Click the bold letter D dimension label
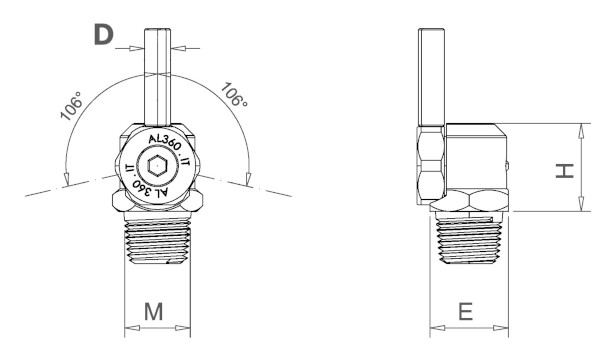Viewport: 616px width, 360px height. pos(104,34)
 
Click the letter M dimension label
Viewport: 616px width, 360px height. pos(153,312)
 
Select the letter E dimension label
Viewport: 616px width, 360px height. pos(466,312)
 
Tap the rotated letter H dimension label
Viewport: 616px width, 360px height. pos(565,171)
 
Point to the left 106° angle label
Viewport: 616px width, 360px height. pos(72,106)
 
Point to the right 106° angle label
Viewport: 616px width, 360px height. pos(234,94)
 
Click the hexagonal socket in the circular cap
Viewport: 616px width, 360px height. pos(157,166)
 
